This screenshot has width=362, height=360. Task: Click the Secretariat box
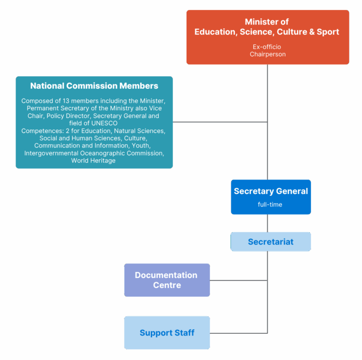[x=271, y=242]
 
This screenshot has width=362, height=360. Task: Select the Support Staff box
[x=167, y=333]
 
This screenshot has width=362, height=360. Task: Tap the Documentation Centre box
[x=167, y=280]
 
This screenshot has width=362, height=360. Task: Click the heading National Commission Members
[x=94, y=86]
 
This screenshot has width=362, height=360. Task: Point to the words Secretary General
[x=271, y=191]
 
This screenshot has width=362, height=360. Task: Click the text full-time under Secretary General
[x=270, y=205]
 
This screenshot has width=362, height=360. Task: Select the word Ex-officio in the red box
[x=267, y=47]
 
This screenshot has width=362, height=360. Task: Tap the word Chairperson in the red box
[x=267, y=54]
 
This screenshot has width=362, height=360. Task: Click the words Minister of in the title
[x=267, y=22]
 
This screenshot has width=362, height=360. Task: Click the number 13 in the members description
[x=66, y=101]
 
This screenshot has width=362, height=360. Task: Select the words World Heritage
[x=93, y=161]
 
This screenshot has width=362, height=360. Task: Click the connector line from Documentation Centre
[x=239, y=280]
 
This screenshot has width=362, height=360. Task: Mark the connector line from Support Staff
[x=239, y=333]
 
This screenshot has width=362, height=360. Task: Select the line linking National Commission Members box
[x=220, y=122]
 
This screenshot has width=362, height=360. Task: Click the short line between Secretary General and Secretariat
[x=267, y=223]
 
